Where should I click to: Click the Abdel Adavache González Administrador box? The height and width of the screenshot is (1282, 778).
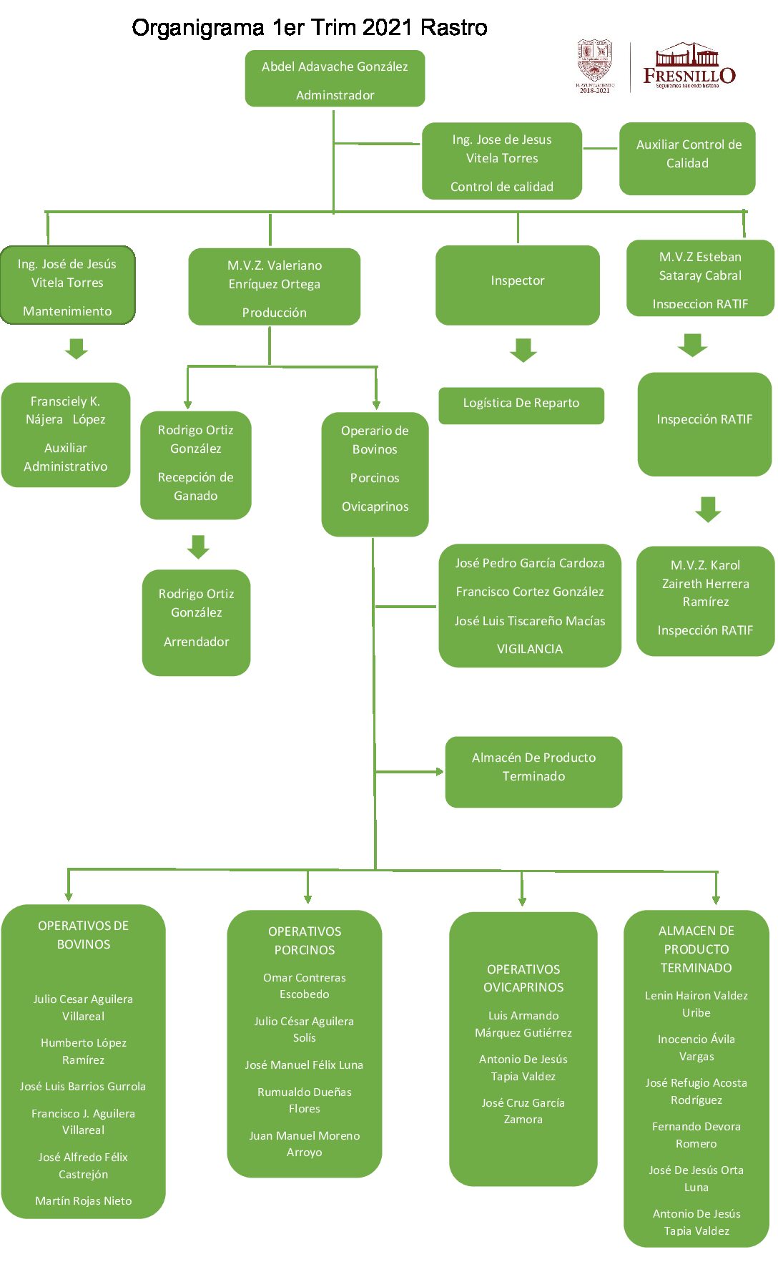[x=335, y=79]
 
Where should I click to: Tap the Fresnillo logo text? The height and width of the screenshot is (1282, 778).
[x=689, y=74]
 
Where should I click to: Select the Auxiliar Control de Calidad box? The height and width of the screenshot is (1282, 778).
[x=687, y=158]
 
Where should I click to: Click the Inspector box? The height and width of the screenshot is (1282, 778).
[x=517, y=285]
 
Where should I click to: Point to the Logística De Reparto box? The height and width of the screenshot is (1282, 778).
[x=521, y=405]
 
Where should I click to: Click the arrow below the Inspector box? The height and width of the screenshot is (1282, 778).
[x=523, y=350]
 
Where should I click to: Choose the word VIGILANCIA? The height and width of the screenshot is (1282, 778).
[x=529, y=649]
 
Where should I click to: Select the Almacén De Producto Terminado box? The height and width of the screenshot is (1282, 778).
[x=533, y=771]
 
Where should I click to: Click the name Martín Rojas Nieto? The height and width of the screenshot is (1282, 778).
[x=84, y=1200]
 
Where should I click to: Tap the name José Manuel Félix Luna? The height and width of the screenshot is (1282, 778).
[x=304, y=1065]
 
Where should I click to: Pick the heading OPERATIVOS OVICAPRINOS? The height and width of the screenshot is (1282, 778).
[x=523, y=978]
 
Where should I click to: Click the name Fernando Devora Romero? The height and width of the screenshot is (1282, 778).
[x=696, y=1135]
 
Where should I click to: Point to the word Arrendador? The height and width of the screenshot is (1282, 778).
[x=196, y=642]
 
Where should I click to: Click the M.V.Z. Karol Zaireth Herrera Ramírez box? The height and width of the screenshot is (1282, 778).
[x=705, y=600]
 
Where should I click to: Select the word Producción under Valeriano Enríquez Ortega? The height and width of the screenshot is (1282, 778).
[x=274, y=313]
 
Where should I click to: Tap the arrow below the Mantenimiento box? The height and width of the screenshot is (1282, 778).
[x=77, y=348]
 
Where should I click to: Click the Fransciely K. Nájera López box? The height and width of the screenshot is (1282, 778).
[x=66, y=434]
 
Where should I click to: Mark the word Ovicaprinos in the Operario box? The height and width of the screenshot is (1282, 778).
[x=375, y=507]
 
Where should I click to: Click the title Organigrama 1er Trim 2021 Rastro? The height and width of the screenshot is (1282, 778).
[x=309, y=28]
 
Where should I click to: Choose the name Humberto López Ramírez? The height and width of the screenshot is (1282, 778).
[x=84, y=1051]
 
